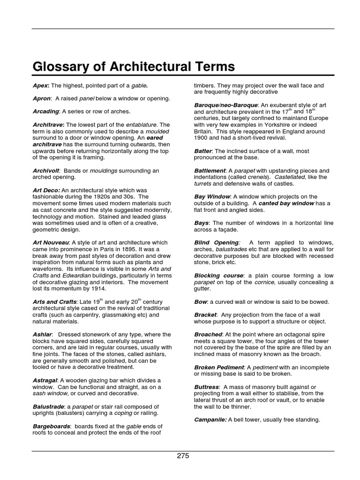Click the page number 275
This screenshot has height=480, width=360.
tap(183, 456)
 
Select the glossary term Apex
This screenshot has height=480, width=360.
tap(40, 86)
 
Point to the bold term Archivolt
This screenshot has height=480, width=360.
tap(46, 171)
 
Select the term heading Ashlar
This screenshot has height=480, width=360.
tap(42, 334)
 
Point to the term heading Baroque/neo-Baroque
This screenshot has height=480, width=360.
tap(225, 105)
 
